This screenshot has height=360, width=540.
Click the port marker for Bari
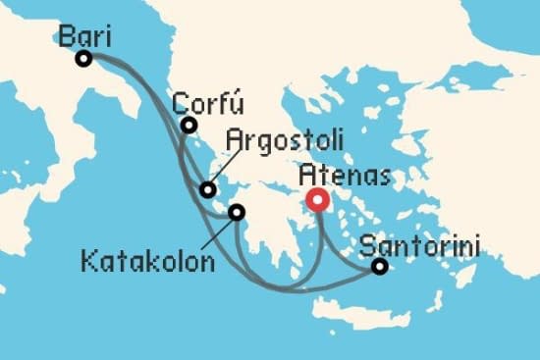[x=83, y=59]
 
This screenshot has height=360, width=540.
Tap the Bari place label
[x=84, y=36]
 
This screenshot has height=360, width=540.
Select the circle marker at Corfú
[x=189, y=126]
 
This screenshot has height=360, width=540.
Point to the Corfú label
[x=207, y=104]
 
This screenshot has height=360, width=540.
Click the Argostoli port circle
[x=207, y=190]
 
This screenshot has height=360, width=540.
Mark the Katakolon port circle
[x=237, y=211]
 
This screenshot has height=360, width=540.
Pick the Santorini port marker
[x=379, y=266]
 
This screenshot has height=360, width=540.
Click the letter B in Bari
[x=66, y=36]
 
